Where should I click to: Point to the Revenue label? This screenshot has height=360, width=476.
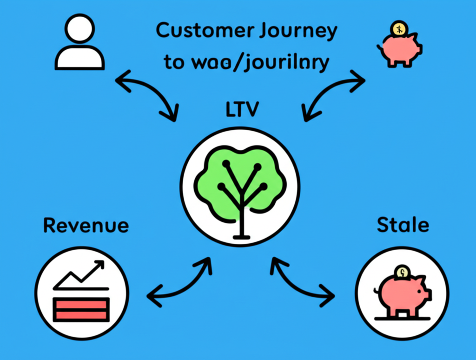click(x=86, y=226)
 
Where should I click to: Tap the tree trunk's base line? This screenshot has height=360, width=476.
click(x=240, y=238)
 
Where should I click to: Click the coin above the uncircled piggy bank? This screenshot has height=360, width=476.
click(x=399, y=29)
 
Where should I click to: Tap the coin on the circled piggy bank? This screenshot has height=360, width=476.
click(x=401, y=271)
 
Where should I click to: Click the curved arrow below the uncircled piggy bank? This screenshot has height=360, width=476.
click(x=333, y=95)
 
